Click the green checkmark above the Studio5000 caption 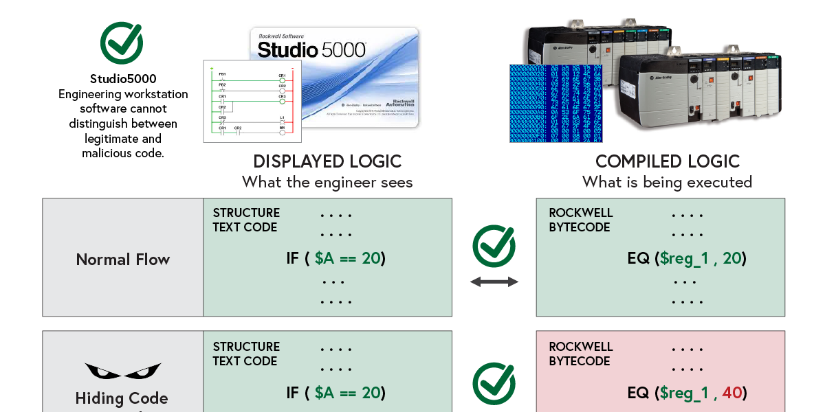[x=122, y=43]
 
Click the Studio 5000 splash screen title [x=312, y=49]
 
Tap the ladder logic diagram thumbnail [x=252, y=102]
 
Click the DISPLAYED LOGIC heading [x=327, y=161]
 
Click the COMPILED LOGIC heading [x=668, y=161]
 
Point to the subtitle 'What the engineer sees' [x=327, y=182]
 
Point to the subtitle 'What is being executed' [x=667, y=182]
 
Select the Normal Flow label [x=123, y=260]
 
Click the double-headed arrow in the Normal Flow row [x=494, y=282]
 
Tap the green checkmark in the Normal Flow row [x=494, y=246]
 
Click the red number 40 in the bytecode [x=731, y=393]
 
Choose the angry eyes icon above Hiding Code [x=123, y=371]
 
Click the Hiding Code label [x=122, y=398]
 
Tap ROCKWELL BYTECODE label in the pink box [x=581, y=354]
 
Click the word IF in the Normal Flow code [x=293, y=259]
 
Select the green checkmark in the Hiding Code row [x=494, y=384]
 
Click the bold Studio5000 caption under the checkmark [x=123, y=79]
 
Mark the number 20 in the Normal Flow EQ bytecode [x=732, y=259]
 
